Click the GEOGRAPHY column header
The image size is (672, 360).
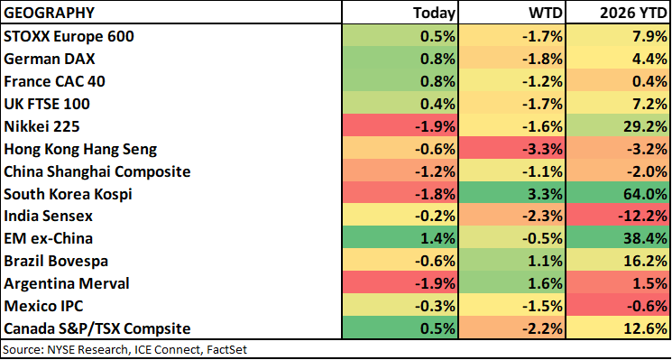tap(49, 13)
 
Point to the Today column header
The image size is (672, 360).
tap(434, 13)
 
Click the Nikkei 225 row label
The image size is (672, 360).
tap(41, 126)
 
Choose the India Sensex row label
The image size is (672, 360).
tap(48, 217)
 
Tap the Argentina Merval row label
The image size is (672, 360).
tap(67, 283)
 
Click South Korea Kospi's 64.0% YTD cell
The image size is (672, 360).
tap(619, 194)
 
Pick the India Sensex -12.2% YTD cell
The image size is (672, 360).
tap(619, 217)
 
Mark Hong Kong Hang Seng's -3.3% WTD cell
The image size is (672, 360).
tap(512, 149)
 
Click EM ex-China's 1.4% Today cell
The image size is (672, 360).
tap(400, 239)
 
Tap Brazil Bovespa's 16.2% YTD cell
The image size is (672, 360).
tap(619, 261)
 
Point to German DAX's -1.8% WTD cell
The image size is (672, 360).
tap(512, 60)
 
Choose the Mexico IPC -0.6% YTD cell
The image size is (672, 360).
tap(619, 306)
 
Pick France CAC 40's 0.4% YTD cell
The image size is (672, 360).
tap(619, 81)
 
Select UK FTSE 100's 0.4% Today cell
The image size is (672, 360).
tap(400, 104)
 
